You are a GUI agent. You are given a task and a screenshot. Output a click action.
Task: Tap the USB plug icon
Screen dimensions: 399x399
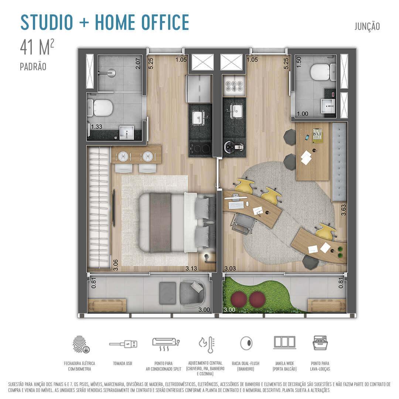tap(123, 344)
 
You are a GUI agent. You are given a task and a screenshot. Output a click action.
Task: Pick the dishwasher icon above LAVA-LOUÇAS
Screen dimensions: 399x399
tap(320, 343)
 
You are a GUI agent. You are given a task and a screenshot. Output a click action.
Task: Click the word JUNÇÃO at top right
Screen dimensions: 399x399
tap(367, 27)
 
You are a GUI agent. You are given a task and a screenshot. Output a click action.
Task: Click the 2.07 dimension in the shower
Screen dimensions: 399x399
tap(138, 64)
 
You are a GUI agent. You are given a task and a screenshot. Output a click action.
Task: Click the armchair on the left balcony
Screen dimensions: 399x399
tap(191, 293)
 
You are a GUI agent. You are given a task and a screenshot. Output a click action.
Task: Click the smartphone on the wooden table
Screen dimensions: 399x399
tap(307, 138)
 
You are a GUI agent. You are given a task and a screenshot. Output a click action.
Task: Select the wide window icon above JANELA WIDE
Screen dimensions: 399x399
tap(284, 342)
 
